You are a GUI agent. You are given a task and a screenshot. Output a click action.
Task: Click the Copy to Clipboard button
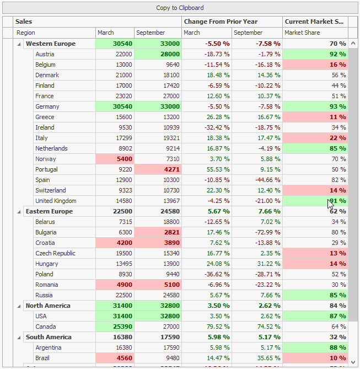pyautogui.click(x=180, y=8)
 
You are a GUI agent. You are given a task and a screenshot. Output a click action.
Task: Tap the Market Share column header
pyautogui.click(x=302, y=33)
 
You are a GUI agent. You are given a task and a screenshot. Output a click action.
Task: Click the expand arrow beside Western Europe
pyautogui.click(x=19, y=44)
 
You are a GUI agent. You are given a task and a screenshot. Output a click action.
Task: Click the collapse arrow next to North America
pyautogui.click(x=19, y=306)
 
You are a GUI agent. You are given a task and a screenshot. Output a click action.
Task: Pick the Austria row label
pyautogui.click(x=45, y=54)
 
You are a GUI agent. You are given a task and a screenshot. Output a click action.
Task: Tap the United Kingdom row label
pyautogui.click(x=56, y=201)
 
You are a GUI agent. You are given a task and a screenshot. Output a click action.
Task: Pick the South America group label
pyautogui.click(x=49, y=337)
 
